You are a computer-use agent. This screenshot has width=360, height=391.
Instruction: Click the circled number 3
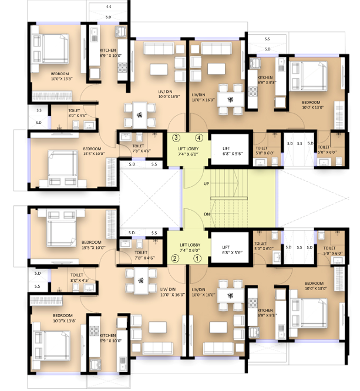point(176,138)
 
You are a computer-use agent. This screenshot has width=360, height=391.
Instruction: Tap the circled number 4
point(199,138)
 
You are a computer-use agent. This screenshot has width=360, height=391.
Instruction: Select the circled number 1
point(198,257)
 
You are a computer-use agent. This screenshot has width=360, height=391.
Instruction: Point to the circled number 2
point(174,257)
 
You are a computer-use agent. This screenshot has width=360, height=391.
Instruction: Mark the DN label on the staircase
point(206,214)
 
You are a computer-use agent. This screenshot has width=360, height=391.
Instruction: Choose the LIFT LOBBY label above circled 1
point(190,247)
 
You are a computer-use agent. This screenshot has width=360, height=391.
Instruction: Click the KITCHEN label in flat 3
point(110,53)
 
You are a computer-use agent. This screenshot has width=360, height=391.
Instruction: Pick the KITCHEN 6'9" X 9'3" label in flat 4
point(265,80)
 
